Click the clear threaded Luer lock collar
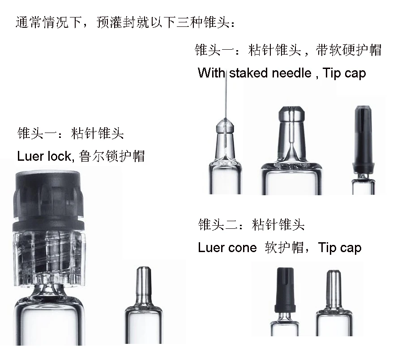point(47,257)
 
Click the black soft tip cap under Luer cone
point(285,291)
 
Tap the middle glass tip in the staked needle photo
point(291,134)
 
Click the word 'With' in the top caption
point(211,73)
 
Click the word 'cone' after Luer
point(242,248)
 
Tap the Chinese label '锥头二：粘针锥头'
point(251,225)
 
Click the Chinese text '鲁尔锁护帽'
point(111,156)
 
